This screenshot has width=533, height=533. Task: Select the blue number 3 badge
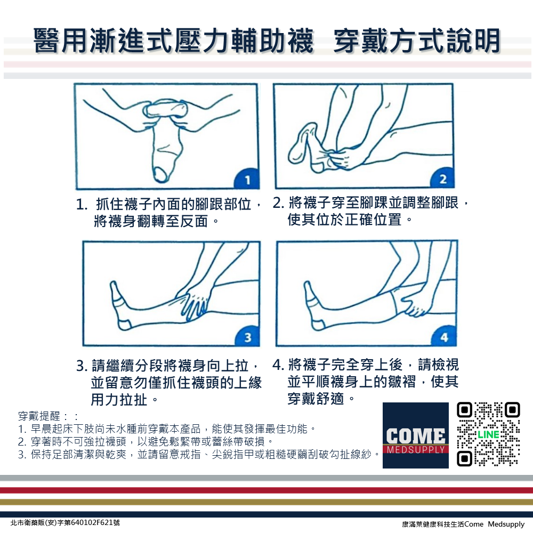(247, 337)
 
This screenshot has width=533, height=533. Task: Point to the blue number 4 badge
(445, 337)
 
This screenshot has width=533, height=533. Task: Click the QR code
(488, 434)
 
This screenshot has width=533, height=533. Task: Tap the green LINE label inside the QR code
(488, 434)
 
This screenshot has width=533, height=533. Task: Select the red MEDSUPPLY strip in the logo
(416, 449)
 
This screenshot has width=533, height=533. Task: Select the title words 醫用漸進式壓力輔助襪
(173, 42)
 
